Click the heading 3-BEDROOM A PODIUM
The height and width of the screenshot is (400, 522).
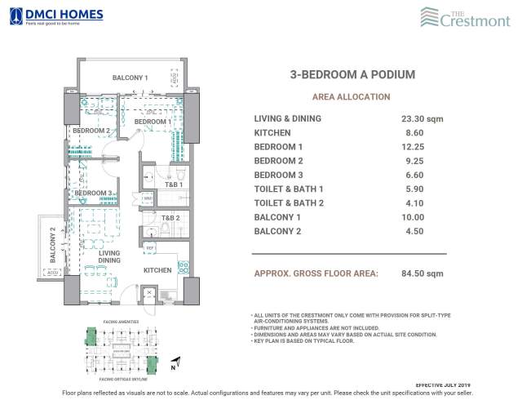point(352,74)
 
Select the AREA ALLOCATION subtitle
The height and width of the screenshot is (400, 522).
point(352,96)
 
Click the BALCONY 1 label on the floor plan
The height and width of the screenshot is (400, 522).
point(130,78)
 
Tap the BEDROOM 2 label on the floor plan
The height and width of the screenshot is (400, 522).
point(91,131)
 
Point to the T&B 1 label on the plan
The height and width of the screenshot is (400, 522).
point(172,185)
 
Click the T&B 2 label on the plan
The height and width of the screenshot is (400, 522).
point(170,218)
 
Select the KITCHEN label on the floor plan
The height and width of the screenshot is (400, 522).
point(157,270)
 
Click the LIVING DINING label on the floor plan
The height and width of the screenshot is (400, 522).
point(109,258)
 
